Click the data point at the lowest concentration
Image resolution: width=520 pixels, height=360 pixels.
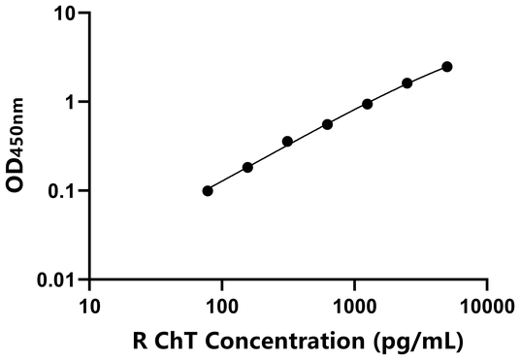[208, 191]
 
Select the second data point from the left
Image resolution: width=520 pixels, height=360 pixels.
[247, 168]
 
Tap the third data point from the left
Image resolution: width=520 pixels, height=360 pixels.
[287, 142]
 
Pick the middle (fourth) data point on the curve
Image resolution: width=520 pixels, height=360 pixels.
[327, 124]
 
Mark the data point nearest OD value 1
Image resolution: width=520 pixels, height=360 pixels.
[367, 104]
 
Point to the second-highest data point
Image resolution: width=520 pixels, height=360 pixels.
[406, 83]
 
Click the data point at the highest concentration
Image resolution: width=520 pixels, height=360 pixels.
[446, 67]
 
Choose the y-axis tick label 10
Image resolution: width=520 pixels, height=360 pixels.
[64, 15]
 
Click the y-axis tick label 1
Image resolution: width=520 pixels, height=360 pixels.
[70, 103]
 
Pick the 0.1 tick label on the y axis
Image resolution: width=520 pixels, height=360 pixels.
[62, 191]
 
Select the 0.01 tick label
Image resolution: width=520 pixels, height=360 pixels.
[57, 280]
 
